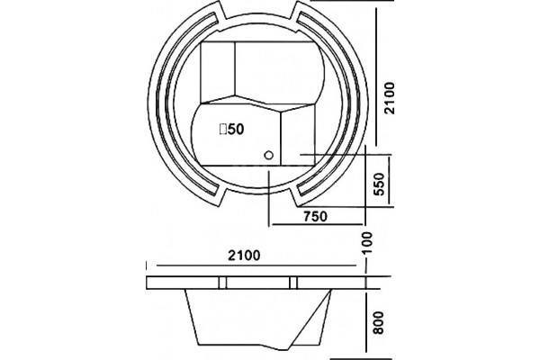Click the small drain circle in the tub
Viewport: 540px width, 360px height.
pos(268,155)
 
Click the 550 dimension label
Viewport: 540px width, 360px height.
pos(379,184)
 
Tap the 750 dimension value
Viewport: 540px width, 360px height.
pos(315,216)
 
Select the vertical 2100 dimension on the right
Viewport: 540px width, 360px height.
pos(390,98)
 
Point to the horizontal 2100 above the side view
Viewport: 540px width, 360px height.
pos(245,256)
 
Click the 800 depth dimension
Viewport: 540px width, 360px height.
pos(379,322)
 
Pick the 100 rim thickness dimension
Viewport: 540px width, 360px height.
pos(368,243)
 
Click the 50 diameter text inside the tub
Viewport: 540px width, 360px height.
pos(236,130)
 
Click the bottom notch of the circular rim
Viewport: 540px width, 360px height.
pos(258,193)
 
